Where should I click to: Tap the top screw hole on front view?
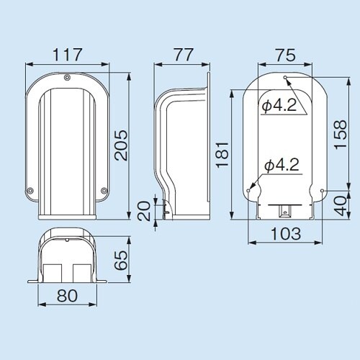pos(66,78)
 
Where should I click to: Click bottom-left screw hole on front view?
pos(30,191)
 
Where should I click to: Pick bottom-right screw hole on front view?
pos(104,191)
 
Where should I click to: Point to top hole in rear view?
pos(286,77)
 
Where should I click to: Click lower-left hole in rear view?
pos(249,191)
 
